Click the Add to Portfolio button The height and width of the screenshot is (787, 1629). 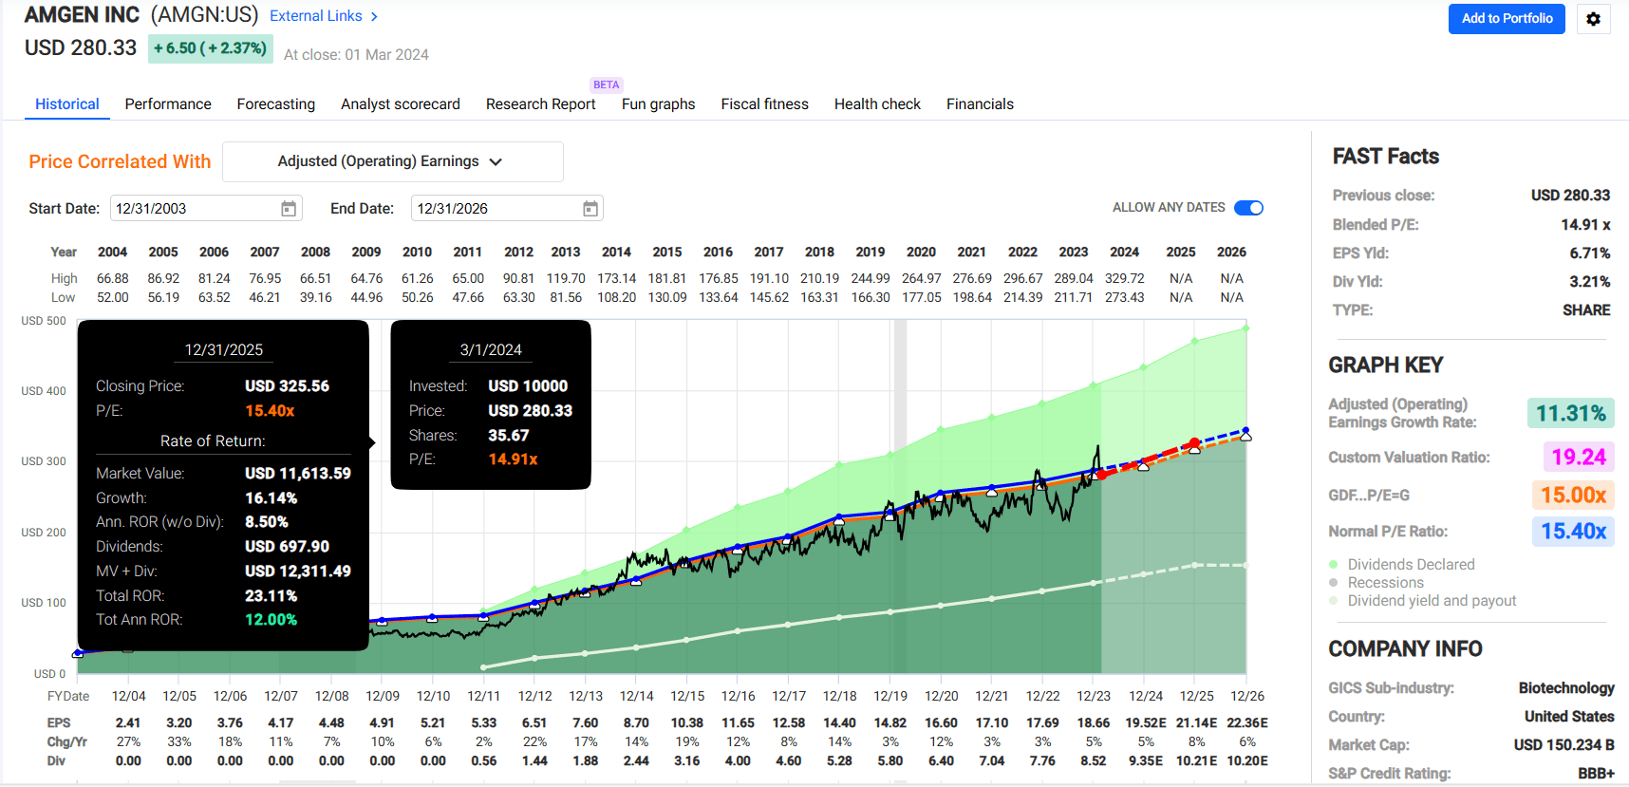pos(1506,19)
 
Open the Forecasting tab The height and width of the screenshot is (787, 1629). pos(275,104)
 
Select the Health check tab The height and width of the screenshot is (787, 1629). pos(877,104)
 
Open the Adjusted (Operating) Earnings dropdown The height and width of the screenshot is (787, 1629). pos(392,161)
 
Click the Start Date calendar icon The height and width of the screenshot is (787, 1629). pos(289,209)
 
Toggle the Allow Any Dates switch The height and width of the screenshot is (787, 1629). pos(1248,208)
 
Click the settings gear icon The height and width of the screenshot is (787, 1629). pos(1593,19)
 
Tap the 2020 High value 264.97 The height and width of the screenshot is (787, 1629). pos(921,278)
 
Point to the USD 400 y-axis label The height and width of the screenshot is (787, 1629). pos(44,391)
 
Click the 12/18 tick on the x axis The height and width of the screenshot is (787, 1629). pos(839,696)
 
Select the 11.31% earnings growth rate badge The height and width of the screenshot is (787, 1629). pos(1570,414)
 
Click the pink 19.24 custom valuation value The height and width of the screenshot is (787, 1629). pos(1578,458)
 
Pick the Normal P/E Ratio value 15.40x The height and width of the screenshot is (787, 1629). pos(1572,532)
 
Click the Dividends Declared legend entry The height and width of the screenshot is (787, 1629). pos(1411,565)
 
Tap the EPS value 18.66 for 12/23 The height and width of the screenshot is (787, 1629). pos(1094,723)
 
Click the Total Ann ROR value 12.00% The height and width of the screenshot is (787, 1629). pos(271,620)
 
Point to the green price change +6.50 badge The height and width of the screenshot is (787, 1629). pos(210,48)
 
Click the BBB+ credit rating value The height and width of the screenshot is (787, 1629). pos(1596,774)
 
